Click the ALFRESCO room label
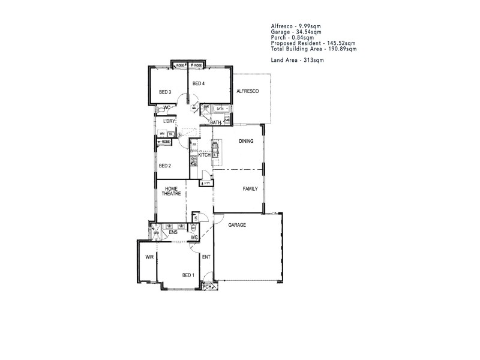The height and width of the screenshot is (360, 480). click(247, 91)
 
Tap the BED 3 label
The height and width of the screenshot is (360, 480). click(165, 92)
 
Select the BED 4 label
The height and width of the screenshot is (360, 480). click(199, 83)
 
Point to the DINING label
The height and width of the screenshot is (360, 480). click(246, 142)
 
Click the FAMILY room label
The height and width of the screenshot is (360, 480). click(250, 188)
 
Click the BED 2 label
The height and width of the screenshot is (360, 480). click(165, 166)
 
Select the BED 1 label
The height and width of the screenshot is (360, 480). click(188, 275)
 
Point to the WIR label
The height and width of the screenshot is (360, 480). click(149, 256)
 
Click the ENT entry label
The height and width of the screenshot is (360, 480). click(205, 257)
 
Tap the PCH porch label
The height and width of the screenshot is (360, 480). click(207, 287)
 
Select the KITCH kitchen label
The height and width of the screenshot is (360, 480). click(204, 155)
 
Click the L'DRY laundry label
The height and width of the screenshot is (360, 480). click(169, 121)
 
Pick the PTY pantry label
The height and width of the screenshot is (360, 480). click(207, 182)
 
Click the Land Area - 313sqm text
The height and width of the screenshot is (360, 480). click(297, 61)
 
